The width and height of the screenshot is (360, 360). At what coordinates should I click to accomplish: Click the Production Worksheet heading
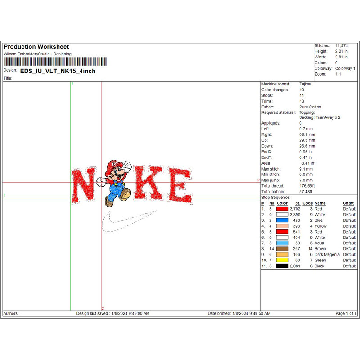36,47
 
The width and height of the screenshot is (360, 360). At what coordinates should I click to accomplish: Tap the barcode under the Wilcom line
55,62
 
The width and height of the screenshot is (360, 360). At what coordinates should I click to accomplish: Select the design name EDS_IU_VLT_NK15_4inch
58,71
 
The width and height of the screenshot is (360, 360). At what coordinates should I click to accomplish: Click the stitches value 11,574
342,46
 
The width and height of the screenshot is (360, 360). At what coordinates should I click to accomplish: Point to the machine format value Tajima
305,84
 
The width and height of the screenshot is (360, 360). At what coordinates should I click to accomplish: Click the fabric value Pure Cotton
310,107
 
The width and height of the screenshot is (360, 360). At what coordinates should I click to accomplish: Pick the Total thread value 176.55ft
307,186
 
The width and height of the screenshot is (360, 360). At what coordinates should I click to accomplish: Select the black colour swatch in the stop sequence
282,266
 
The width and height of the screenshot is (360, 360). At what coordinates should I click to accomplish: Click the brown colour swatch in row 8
282,249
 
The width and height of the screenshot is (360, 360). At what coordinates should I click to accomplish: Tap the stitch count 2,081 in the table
295,266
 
